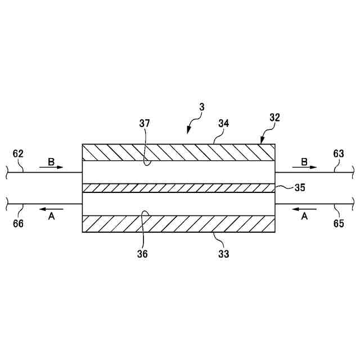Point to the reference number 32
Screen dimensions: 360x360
tap(274, 119)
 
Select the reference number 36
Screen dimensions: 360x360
tap(143, 254)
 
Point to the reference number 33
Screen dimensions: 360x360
tap(223, 254)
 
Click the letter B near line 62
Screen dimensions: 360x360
tap(51, 161)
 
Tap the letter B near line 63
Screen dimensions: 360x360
tap(304, 161)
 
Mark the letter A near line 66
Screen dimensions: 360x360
tap(51, 217)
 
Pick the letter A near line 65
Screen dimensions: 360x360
tap(304, 217)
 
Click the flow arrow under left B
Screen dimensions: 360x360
tap(52, 168)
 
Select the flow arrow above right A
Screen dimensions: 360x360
tap(304, 209)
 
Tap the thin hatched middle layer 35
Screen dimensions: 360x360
tap(178, 188)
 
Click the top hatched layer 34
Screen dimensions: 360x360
tap(178, 152)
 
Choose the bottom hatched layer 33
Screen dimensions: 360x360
tap(178, 224)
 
